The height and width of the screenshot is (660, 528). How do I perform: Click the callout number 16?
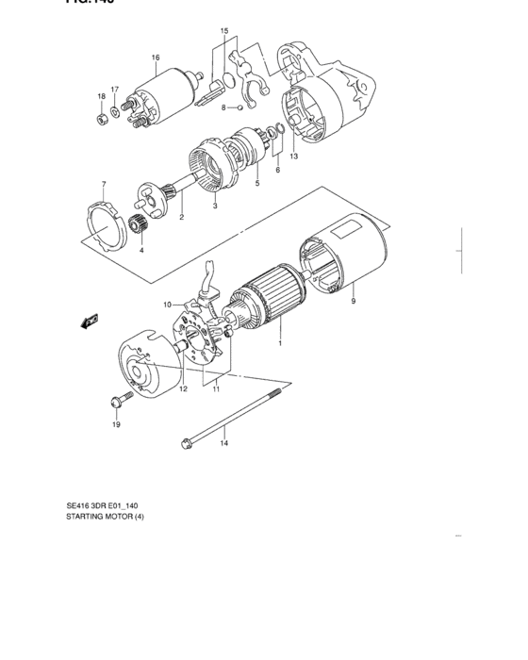pos(155,57)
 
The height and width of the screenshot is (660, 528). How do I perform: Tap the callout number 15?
pos(224,31)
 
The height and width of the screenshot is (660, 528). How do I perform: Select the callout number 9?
pos(354,302)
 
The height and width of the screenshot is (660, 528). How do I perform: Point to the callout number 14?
pos(224,442)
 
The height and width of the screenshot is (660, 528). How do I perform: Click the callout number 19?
pos(117,425)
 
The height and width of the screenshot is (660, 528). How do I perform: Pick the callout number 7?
pos(104,184)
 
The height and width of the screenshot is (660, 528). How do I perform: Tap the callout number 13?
pos(293,156)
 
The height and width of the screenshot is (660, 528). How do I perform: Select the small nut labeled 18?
pos(101,120)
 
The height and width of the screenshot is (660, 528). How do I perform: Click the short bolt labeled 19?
pos(116,403)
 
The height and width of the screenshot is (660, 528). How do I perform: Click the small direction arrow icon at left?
pos(90,322)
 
